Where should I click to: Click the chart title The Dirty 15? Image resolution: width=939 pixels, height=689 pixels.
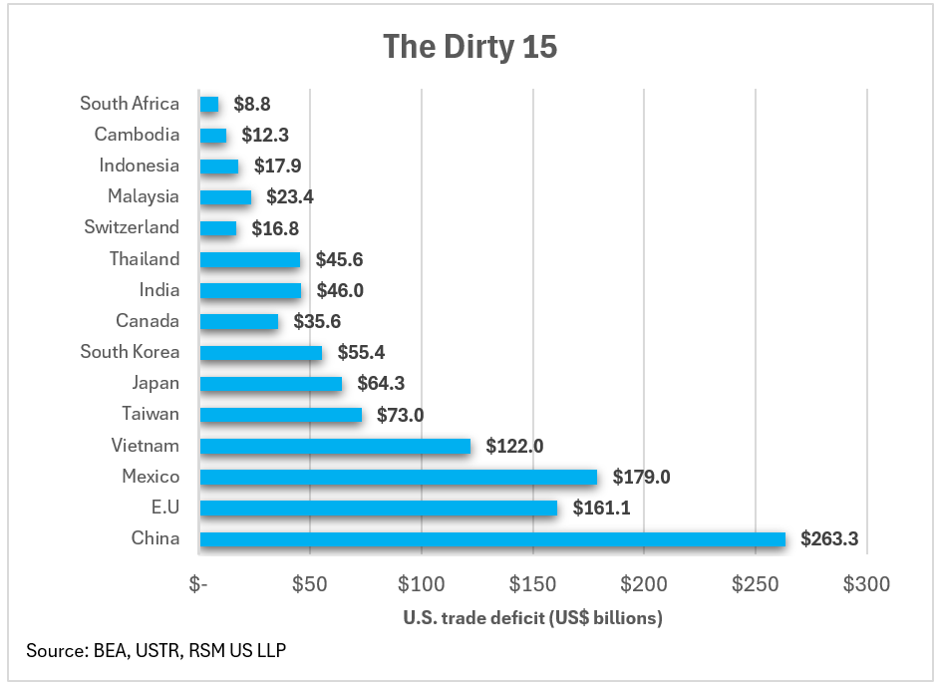pyautogui.click(x=469, y=47)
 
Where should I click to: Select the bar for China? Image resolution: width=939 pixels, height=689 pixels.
pyautogui.click(x=492, y=539)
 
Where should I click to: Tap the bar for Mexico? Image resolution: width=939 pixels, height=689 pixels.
pyautogui.click(x=398, y=477)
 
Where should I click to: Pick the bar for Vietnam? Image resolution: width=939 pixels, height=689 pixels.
pyautogui.click(x=335, y=446)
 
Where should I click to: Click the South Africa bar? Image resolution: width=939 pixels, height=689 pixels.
pyautogui.click(x=208, y=104)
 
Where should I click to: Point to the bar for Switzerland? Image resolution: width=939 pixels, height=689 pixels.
pyautogui.click(x=218, y=228)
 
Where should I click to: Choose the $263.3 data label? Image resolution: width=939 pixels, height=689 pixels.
pyautogui.click(x=828, y=539)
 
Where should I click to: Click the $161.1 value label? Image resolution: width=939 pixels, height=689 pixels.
pyautogui.click(x=601, y=509)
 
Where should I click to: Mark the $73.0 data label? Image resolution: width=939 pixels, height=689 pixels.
pyautogui.click(x=401, y=415)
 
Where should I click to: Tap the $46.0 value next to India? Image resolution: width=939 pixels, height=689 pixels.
pyautogui.click(x=338, y=291)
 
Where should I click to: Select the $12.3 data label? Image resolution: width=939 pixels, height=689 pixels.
pyautogui.click(x=264, y=135)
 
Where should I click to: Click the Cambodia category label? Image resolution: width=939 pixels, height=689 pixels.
pyautogui.click(x=137, y=135)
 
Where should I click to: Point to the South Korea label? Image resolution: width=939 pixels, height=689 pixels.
pyautogui.click(x=130, y=352)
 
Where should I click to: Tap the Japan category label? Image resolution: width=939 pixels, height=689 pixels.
pyautogui.click(x=156, y=383)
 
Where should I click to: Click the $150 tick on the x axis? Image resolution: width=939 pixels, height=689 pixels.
pyautogui.click(x=532, y=583)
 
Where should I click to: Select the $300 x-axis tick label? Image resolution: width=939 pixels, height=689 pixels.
pyautogui.click(x=865, y=583)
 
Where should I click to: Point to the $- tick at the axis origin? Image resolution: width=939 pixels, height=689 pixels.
pyautogui.click(x=199, y=583)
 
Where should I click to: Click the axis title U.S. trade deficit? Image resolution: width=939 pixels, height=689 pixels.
pyautogui.click(x=532, y=618)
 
